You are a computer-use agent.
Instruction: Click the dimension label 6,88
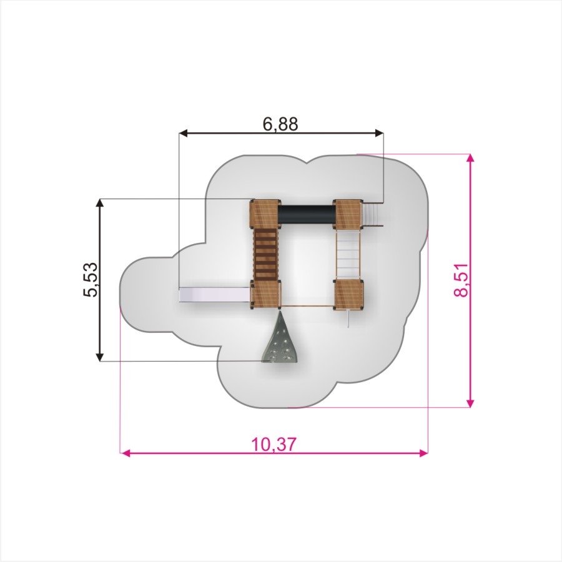(280, 124)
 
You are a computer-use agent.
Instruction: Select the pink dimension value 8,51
(461, 280)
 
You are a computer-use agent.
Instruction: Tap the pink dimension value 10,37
(274, 445)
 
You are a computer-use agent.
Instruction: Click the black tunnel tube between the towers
(307, 214)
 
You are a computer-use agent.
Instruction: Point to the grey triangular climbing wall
(281, 338)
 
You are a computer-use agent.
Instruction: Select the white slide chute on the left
(214, 295)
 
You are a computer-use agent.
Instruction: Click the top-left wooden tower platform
(265, 214)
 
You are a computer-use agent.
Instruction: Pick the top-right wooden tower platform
(348, 214)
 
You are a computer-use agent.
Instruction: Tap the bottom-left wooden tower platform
(265, 294)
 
